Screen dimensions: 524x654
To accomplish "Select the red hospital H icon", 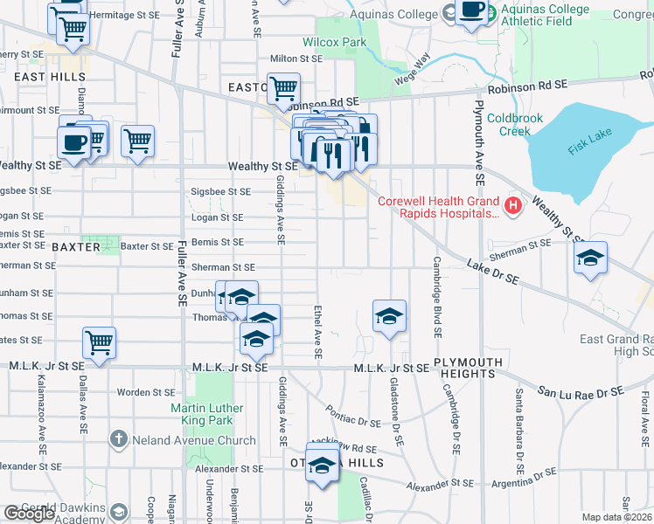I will pyautogui.click(x=513, y=206).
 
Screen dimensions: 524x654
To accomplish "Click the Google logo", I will pyautogui.click(x=29, y=514).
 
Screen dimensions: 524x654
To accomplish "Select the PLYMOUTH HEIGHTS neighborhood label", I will pyautogui.click(x=468, y=368).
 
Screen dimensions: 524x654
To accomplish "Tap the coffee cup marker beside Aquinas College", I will pyautogui.click(x=471, y=10).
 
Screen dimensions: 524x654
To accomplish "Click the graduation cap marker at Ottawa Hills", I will pyautogui.click(x=323, y=466).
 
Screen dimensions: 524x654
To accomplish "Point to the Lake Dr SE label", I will pyautogui.click(x=492, y=271).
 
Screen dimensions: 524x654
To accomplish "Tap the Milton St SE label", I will pyautogui.click(x=296, y=59).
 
